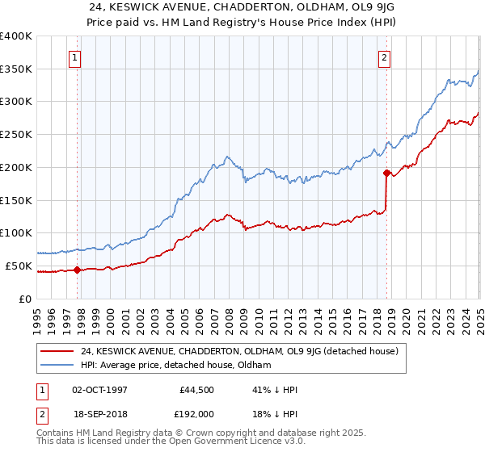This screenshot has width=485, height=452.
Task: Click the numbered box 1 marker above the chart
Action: [74, 57]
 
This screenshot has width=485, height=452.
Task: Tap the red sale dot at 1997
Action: [78, 270]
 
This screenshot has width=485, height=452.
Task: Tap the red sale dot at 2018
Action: [386, 172]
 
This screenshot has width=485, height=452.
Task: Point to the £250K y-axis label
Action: [16, 134]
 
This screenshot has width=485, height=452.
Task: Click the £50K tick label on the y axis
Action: [19, 266]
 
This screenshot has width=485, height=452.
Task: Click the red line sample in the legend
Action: [57, 352]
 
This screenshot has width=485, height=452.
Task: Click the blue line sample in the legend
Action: [57, 366]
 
